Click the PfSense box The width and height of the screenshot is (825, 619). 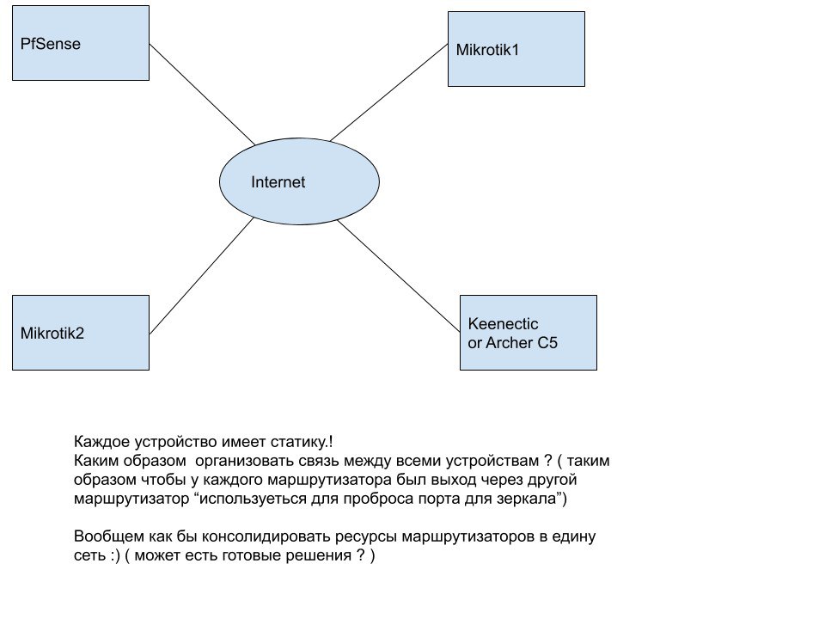point(81,43)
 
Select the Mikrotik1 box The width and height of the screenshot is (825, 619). point(516,49)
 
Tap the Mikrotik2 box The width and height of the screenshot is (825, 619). point(81,333)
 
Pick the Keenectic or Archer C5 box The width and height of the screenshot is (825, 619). point(529,333)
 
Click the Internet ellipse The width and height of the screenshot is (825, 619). point(299,181)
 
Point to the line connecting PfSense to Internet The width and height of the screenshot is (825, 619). point(202,95)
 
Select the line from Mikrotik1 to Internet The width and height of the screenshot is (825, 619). point(388,93)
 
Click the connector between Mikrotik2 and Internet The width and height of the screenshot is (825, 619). point(201,276)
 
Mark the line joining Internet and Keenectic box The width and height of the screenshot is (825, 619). point(398,276)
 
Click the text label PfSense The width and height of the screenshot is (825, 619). point(51,44)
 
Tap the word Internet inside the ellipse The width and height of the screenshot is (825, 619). point(278,182)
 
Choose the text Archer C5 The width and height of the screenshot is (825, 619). point(522,343)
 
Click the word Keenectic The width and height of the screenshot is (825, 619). point(503,324)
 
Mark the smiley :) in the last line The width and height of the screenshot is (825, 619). point(115,556)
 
